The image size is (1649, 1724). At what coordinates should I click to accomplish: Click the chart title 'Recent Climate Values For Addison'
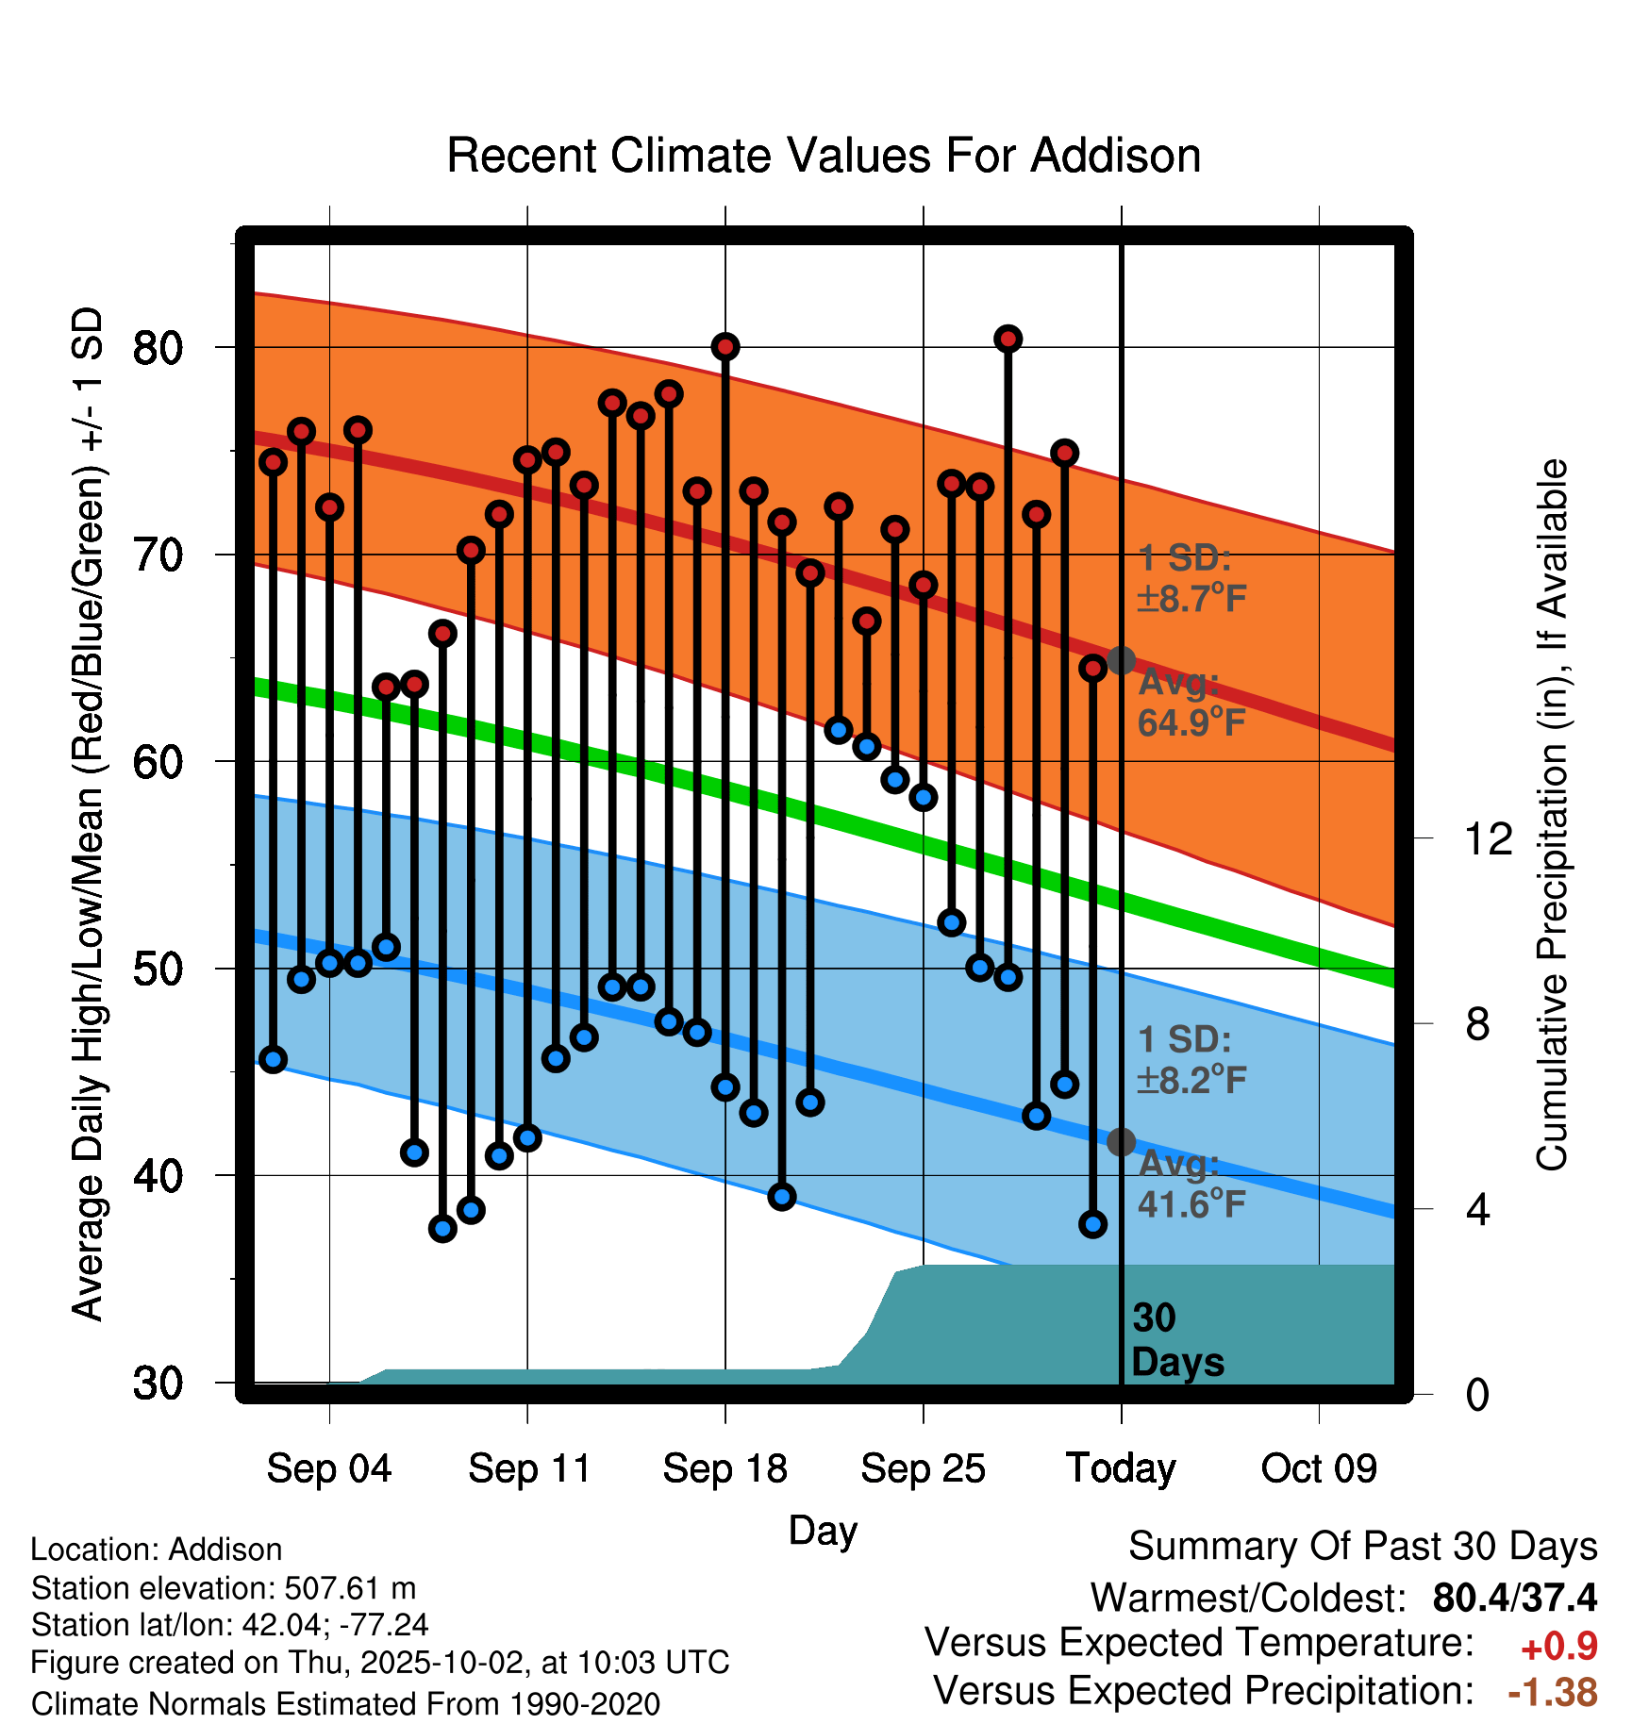[x=824, y=156]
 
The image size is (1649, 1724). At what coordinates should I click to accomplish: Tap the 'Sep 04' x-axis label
[x=328, y=1468]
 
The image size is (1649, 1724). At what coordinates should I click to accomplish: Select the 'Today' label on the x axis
[x=1121, y=1468]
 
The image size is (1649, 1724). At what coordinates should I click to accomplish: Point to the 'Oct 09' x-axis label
[x=1319, y=1468]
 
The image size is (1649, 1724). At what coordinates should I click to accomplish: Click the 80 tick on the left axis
[x=158, y=348]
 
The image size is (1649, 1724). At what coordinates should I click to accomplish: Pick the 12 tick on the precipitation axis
[x=1489, y=838]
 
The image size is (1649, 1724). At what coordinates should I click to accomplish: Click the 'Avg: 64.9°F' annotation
[x=1191, y=703]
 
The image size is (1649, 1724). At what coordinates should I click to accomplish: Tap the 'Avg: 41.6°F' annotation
[x=1191, y=1184]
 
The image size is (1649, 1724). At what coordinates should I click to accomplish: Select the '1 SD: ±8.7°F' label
[x=1191, y=578]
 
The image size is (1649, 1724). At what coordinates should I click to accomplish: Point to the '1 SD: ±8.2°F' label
[x=1191, y=1059]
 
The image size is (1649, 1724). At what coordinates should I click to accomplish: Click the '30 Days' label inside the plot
[x=1176, y=1340]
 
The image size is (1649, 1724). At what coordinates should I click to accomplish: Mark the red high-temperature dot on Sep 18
[x=725, y=347]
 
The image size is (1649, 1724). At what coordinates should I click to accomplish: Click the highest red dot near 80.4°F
[x=1008, y=339]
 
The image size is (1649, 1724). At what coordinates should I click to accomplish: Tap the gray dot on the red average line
[x=1121, y=660]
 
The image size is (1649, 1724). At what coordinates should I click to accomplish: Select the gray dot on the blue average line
[x=1121, y=1142]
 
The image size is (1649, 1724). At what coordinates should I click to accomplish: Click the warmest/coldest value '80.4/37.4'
[x=1514, y=1598]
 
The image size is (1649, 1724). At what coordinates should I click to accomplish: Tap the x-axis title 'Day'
[x=823, y=1530]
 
